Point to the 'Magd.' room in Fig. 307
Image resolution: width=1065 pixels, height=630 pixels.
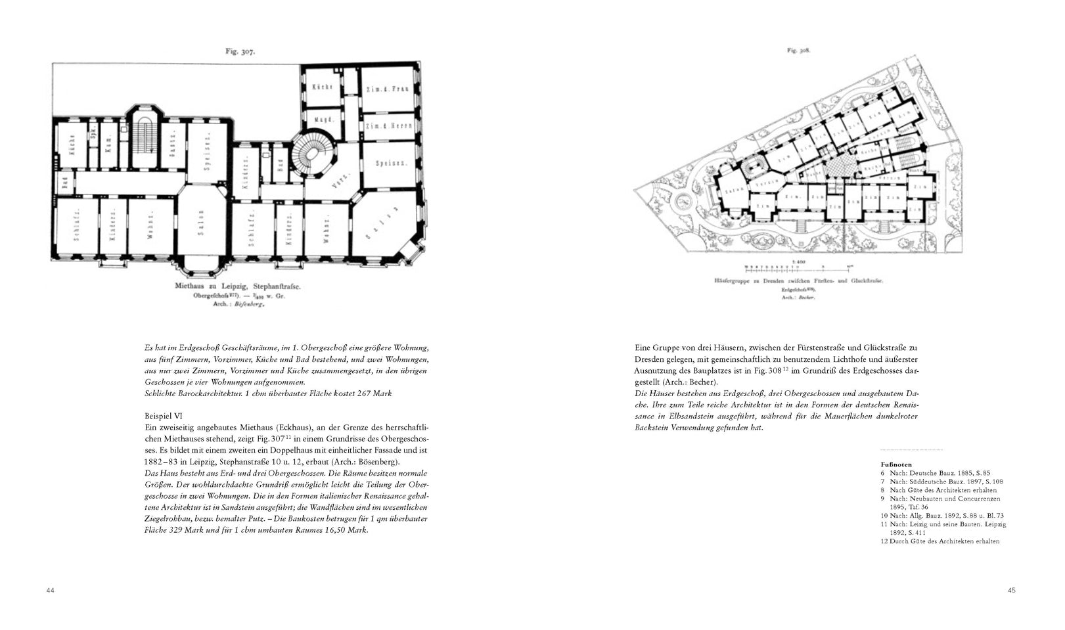322,120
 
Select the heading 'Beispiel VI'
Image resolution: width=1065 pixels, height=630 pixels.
164,415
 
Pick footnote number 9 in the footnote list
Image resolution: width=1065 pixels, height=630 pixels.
883,499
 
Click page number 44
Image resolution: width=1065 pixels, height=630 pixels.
50,590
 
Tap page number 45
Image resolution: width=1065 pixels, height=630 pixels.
1012,590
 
